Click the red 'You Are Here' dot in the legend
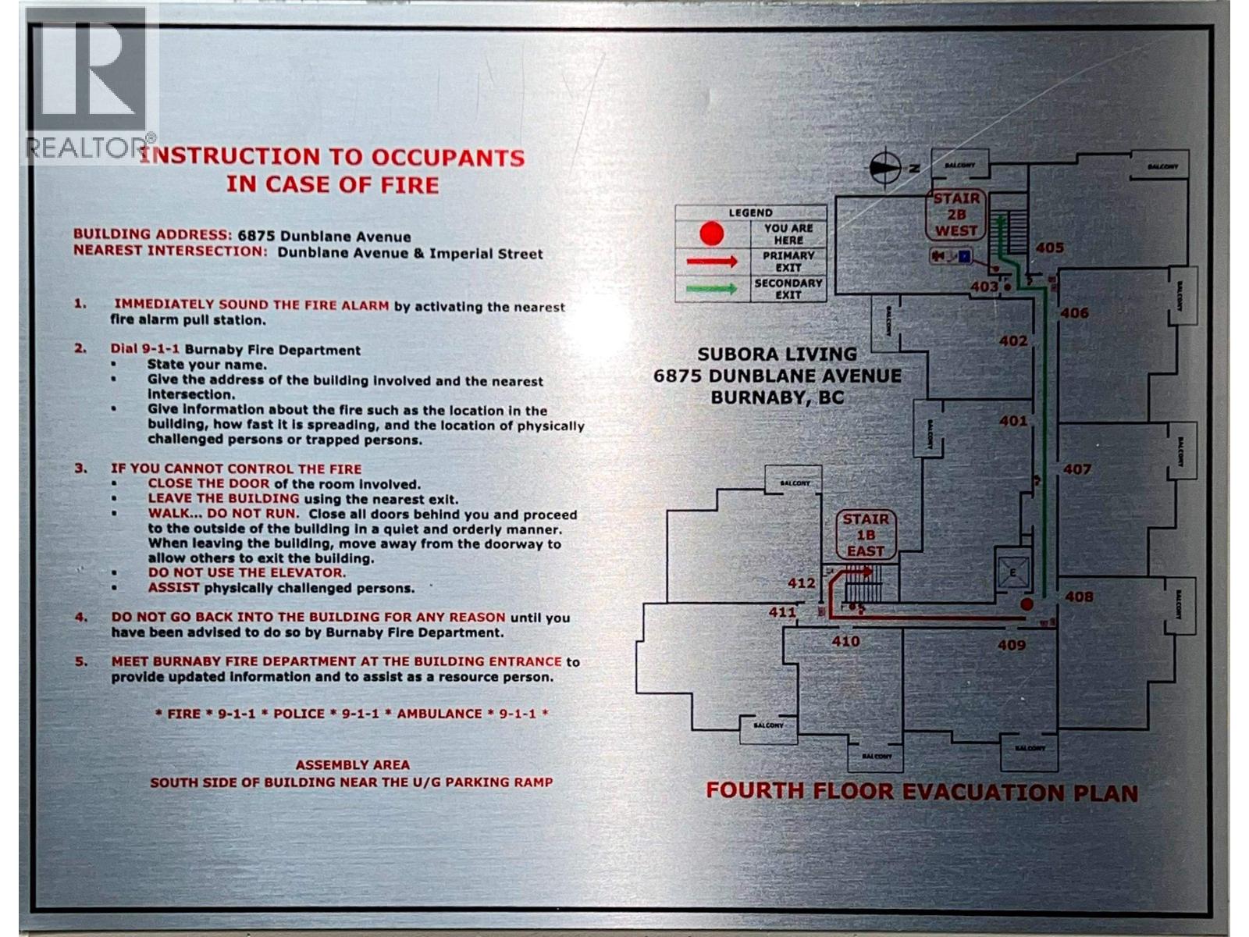tap(711, 233)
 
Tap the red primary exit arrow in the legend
tap(711, 262)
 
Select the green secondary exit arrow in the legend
tap(711, 289)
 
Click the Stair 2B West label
tap(956, 215)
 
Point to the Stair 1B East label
tap(866, 535)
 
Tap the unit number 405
tap(1050, 248)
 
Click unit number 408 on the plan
tap(1079, 597)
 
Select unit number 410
tap(845, 642)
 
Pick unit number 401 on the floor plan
tap(1013, 422)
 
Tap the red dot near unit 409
tap(1027, 604)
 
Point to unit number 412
tap(801, 583)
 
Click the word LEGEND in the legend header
tap(750, 212)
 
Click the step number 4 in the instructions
tap(81, 618)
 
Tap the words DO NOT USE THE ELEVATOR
tap(247, 573)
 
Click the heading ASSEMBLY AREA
tap(352, 765)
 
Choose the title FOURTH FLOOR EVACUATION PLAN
tap(921, 792)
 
